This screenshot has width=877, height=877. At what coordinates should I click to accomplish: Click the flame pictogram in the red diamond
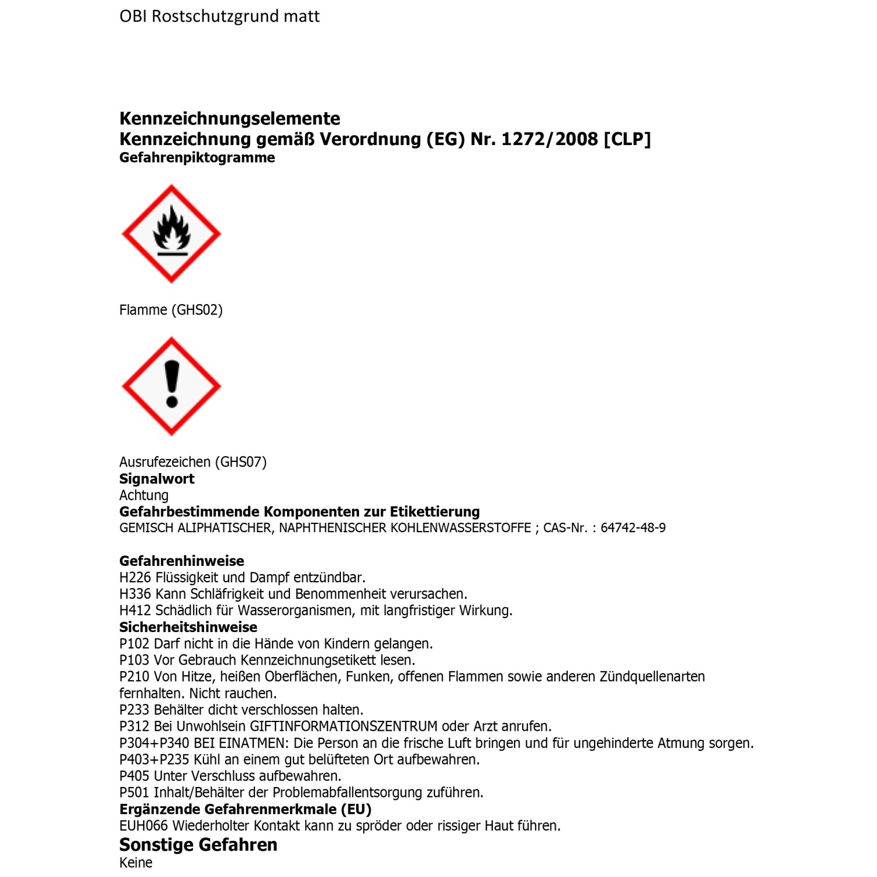(x=171, y=234)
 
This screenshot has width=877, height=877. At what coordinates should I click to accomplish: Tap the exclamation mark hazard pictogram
(x=171, y=386)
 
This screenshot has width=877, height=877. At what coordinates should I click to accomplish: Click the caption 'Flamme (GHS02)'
(x=171, y=310)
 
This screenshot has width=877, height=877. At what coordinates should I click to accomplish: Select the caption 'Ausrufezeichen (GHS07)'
(x=193, y=462)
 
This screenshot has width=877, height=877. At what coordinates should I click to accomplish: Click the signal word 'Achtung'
(x=144, y=495)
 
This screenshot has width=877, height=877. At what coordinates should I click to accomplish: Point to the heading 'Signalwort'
(x=157, y=479)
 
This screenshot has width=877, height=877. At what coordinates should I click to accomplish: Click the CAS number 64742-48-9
(x=633, y=528)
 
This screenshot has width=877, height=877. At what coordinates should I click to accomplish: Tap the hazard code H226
(x=135, y=578)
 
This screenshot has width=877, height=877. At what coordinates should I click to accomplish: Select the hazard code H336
(x=135, y=594)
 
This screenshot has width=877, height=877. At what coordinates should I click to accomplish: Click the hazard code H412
(x=135, y=610)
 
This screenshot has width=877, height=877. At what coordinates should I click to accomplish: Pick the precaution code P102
(x=134, y=644)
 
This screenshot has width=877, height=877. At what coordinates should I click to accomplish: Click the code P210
(x=134, y=676)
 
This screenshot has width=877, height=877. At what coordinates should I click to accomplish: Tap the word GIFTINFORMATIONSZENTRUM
(x=344, y=726)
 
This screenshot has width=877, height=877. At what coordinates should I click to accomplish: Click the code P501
(x=134, y=793)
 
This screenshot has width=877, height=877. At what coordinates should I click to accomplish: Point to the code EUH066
(x=143, y=826)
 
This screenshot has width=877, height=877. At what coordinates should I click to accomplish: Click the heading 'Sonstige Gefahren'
(x=198, y=845)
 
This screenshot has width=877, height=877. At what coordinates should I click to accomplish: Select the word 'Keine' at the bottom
(x=136, y=863)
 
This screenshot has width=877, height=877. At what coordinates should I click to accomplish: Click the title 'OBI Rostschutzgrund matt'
(x=219, y=16)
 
